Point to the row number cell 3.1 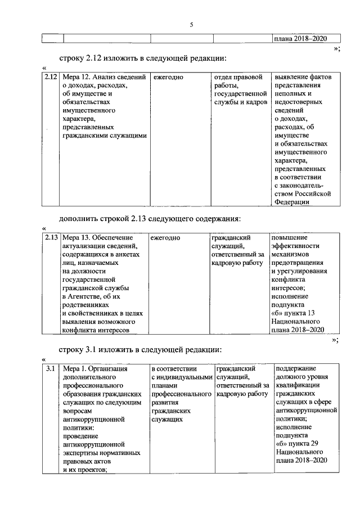pos(49,369)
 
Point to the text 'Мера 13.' pos(77,237)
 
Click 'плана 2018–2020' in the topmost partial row pos(299,39)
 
